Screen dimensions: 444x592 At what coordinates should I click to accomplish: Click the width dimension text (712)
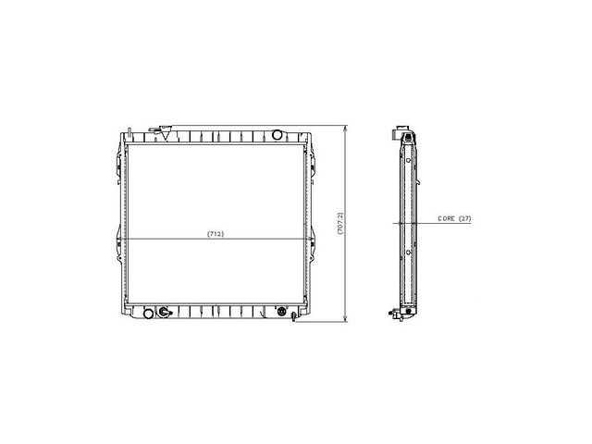pos(215,233)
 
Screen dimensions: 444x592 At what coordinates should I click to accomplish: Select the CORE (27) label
pos(454,219)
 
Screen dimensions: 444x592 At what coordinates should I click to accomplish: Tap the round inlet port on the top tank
pos(276,135)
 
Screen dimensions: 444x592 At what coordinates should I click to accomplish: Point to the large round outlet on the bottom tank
pos(165,312)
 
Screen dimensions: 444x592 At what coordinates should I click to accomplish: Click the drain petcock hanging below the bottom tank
pos(292,318)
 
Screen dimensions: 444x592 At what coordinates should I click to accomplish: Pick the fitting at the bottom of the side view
pos(399,316)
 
